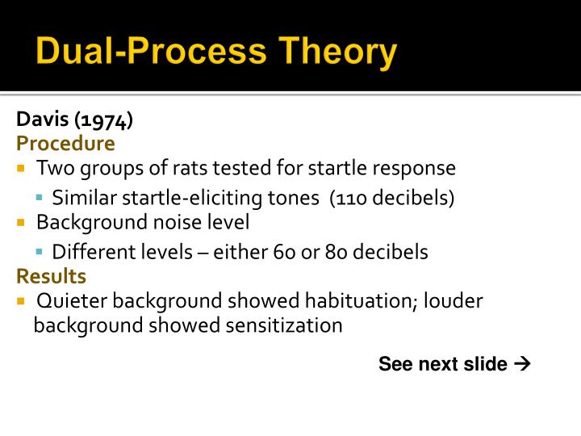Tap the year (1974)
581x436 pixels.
click(x=103, y=120)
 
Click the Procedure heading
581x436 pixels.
click(x=66, y=144)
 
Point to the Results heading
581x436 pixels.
click(x=52, y=276)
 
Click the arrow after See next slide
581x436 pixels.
click(x=521, y=363)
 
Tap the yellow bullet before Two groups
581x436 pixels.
click(x=22, y=169)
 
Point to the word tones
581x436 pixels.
click(x=296, y=198)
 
